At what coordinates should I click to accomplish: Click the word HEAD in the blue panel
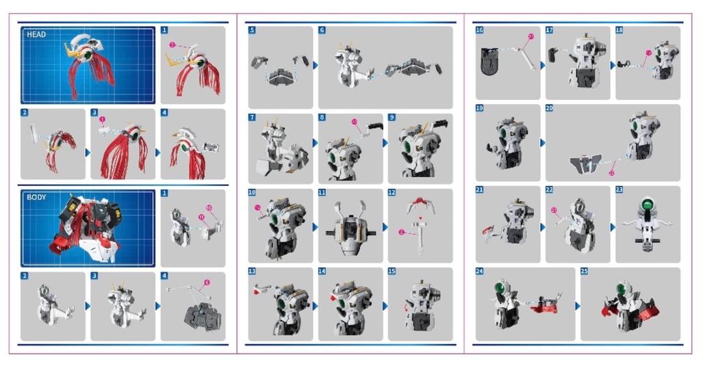pos(36,34)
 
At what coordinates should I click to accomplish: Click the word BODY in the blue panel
pos(36,197)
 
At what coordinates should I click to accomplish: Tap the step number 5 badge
pos(252,31)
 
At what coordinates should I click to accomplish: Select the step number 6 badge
pos(322,31)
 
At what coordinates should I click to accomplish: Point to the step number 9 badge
pos(392,118)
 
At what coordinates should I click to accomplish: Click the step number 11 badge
pos(322,193)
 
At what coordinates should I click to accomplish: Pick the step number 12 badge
pos(392,193)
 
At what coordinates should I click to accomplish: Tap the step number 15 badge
pos(392,272)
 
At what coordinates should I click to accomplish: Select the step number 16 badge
pos(479,31)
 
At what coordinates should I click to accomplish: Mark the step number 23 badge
pos(619,189)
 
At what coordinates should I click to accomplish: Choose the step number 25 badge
pos(584,272)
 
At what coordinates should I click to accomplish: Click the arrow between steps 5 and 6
pos(315,65)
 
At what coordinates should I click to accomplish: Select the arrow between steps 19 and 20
pos(543,143)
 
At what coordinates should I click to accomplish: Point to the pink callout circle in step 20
pos(611,172)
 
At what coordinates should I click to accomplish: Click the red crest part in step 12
pos(420,202)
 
